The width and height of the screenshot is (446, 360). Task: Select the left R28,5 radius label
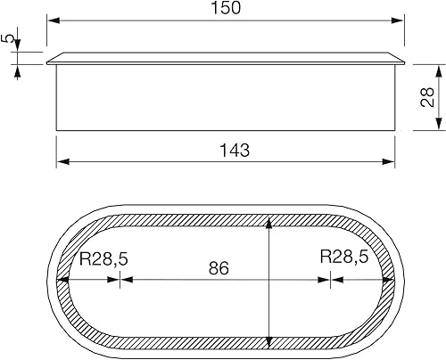(x=103, y=259)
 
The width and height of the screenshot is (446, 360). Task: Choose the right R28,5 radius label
(x=344, y=259)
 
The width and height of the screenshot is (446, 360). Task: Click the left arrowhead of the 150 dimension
(x=52, y=20)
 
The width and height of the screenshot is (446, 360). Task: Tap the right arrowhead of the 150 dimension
(x=401, y=20)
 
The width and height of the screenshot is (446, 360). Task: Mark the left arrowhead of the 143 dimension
(x=62, y=161)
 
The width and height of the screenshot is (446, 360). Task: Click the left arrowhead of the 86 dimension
(x=126, y=279)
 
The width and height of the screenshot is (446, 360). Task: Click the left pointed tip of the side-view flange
(x=46, y=63)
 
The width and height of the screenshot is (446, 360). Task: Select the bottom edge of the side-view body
(x=226, y=130)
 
